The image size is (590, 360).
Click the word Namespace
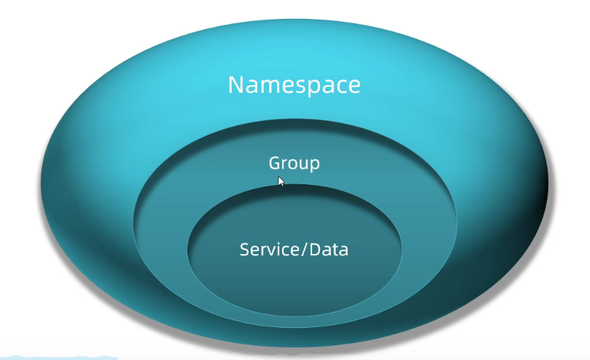click(x=294, y=85)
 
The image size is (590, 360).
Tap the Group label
click(x=294, y=163)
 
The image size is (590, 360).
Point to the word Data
click(x=330, y=250)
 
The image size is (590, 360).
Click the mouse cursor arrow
click(x=281, y=181)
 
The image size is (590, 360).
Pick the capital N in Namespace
click(x=236, y=84)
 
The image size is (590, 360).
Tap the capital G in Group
click(x=274, y=163)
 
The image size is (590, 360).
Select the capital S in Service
click(x=244, y=250)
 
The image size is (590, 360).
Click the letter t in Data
click(x=337, y=250)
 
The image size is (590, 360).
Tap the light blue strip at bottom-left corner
click(x=59, y=357)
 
